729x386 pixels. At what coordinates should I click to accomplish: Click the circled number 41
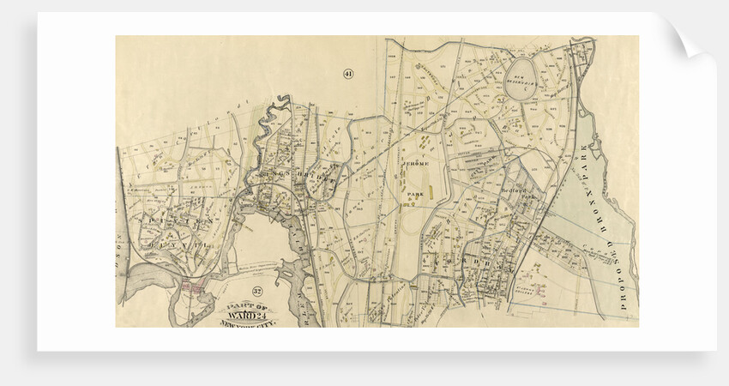pos(348,73)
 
